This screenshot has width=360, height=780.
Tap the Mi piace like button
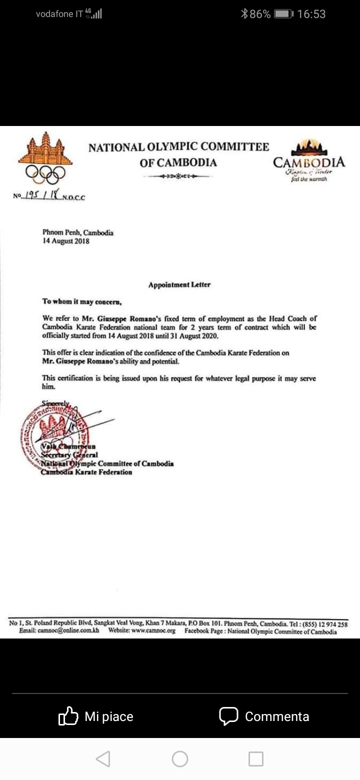pos(96,716)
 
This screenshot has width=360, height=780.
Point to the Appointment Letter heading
pos(179,285)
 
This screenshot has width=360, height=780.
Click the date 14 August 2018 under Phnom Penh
pos(66,241)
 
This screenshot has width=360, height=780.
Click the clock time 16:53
pos(311,14)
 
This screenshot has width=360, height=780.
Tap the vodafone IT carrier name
pos(59,14)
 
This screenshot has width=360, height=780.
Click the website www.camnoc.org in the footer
pos(153,631)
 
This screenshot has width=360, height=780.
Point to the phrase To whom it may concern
pos(82,301)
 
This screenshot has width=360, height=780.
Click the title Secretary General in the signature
pos(69,455)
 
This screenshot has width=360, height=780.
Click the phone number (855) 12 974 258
pos(322,624)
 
